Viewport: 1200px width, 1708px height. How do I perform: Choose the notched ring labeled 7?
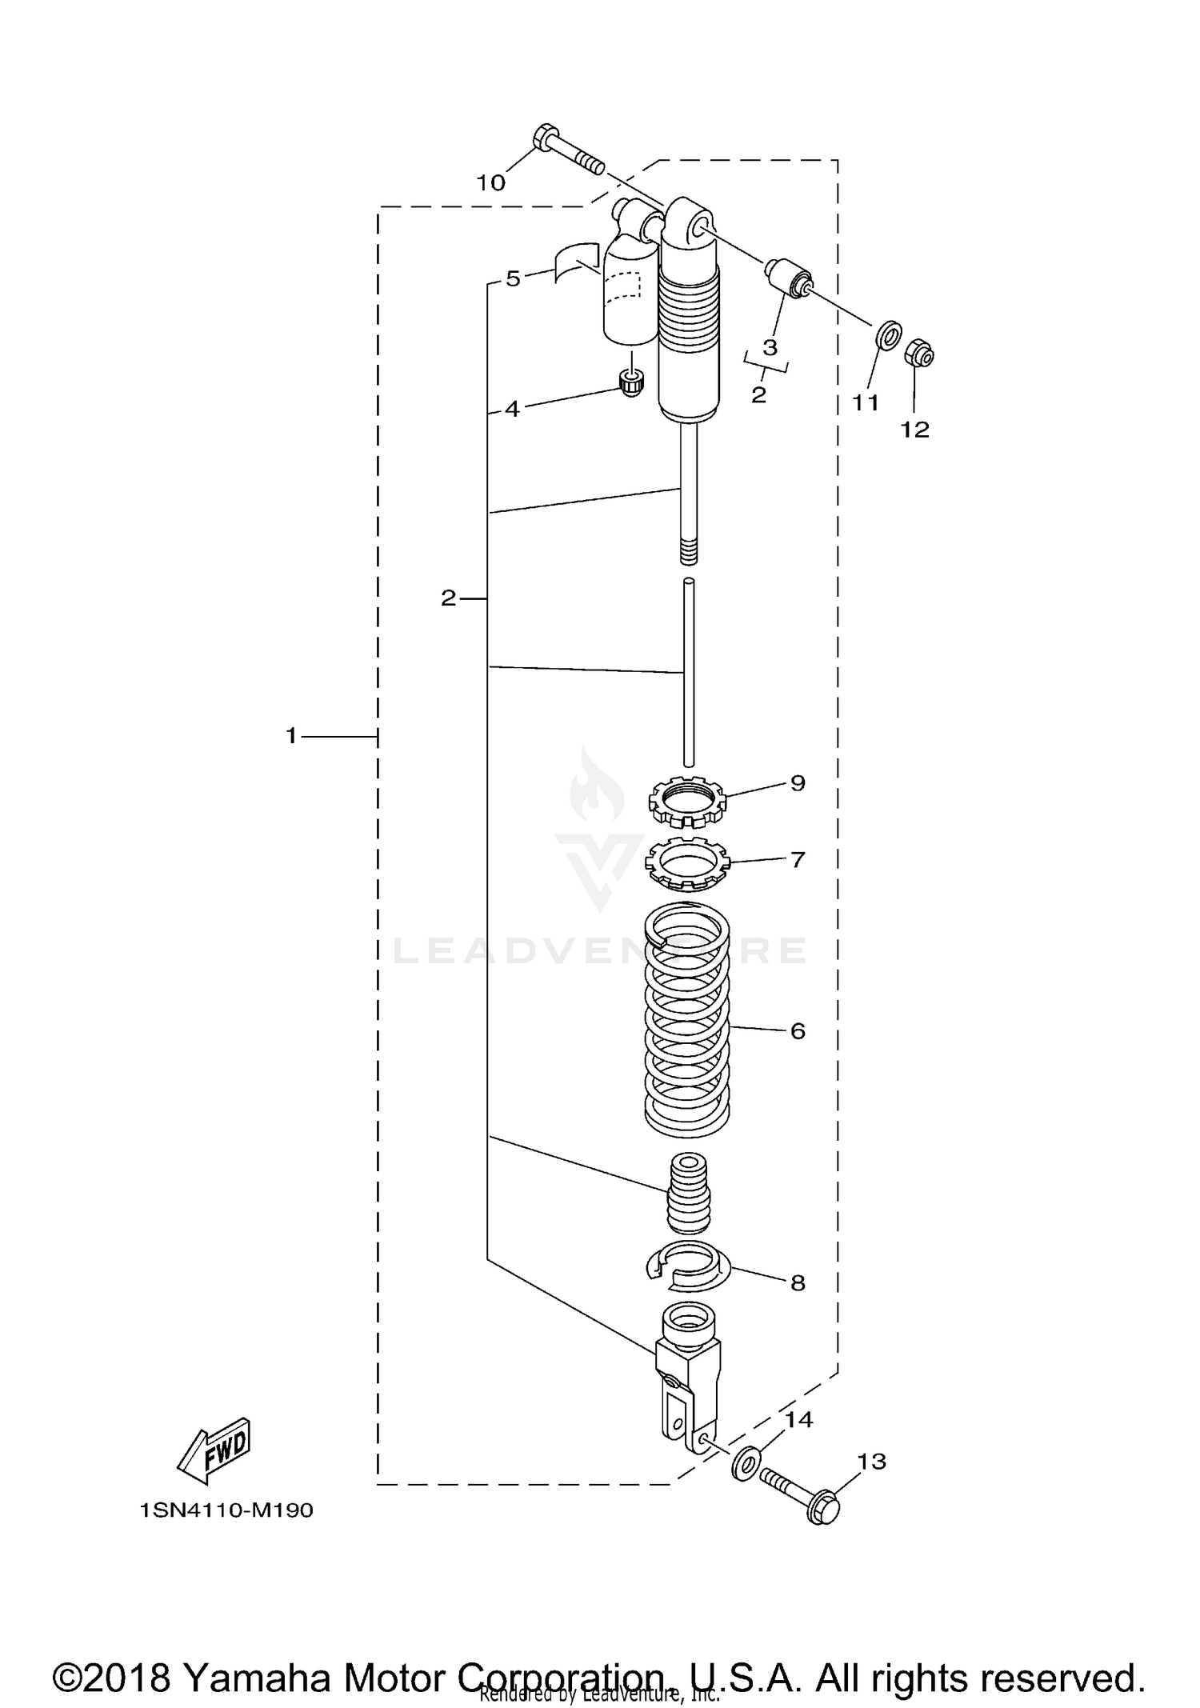click(687, 862)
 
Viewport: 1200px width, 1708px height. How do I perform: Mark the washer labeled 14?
click(747, 1461)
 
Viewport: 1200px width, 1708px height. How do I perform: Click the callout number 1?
click(292, 734)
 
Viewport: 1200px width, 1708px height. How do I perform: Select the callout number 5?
click(513, 278)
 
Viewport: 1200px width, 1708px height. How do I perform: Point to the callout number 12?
click(915, 430)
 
